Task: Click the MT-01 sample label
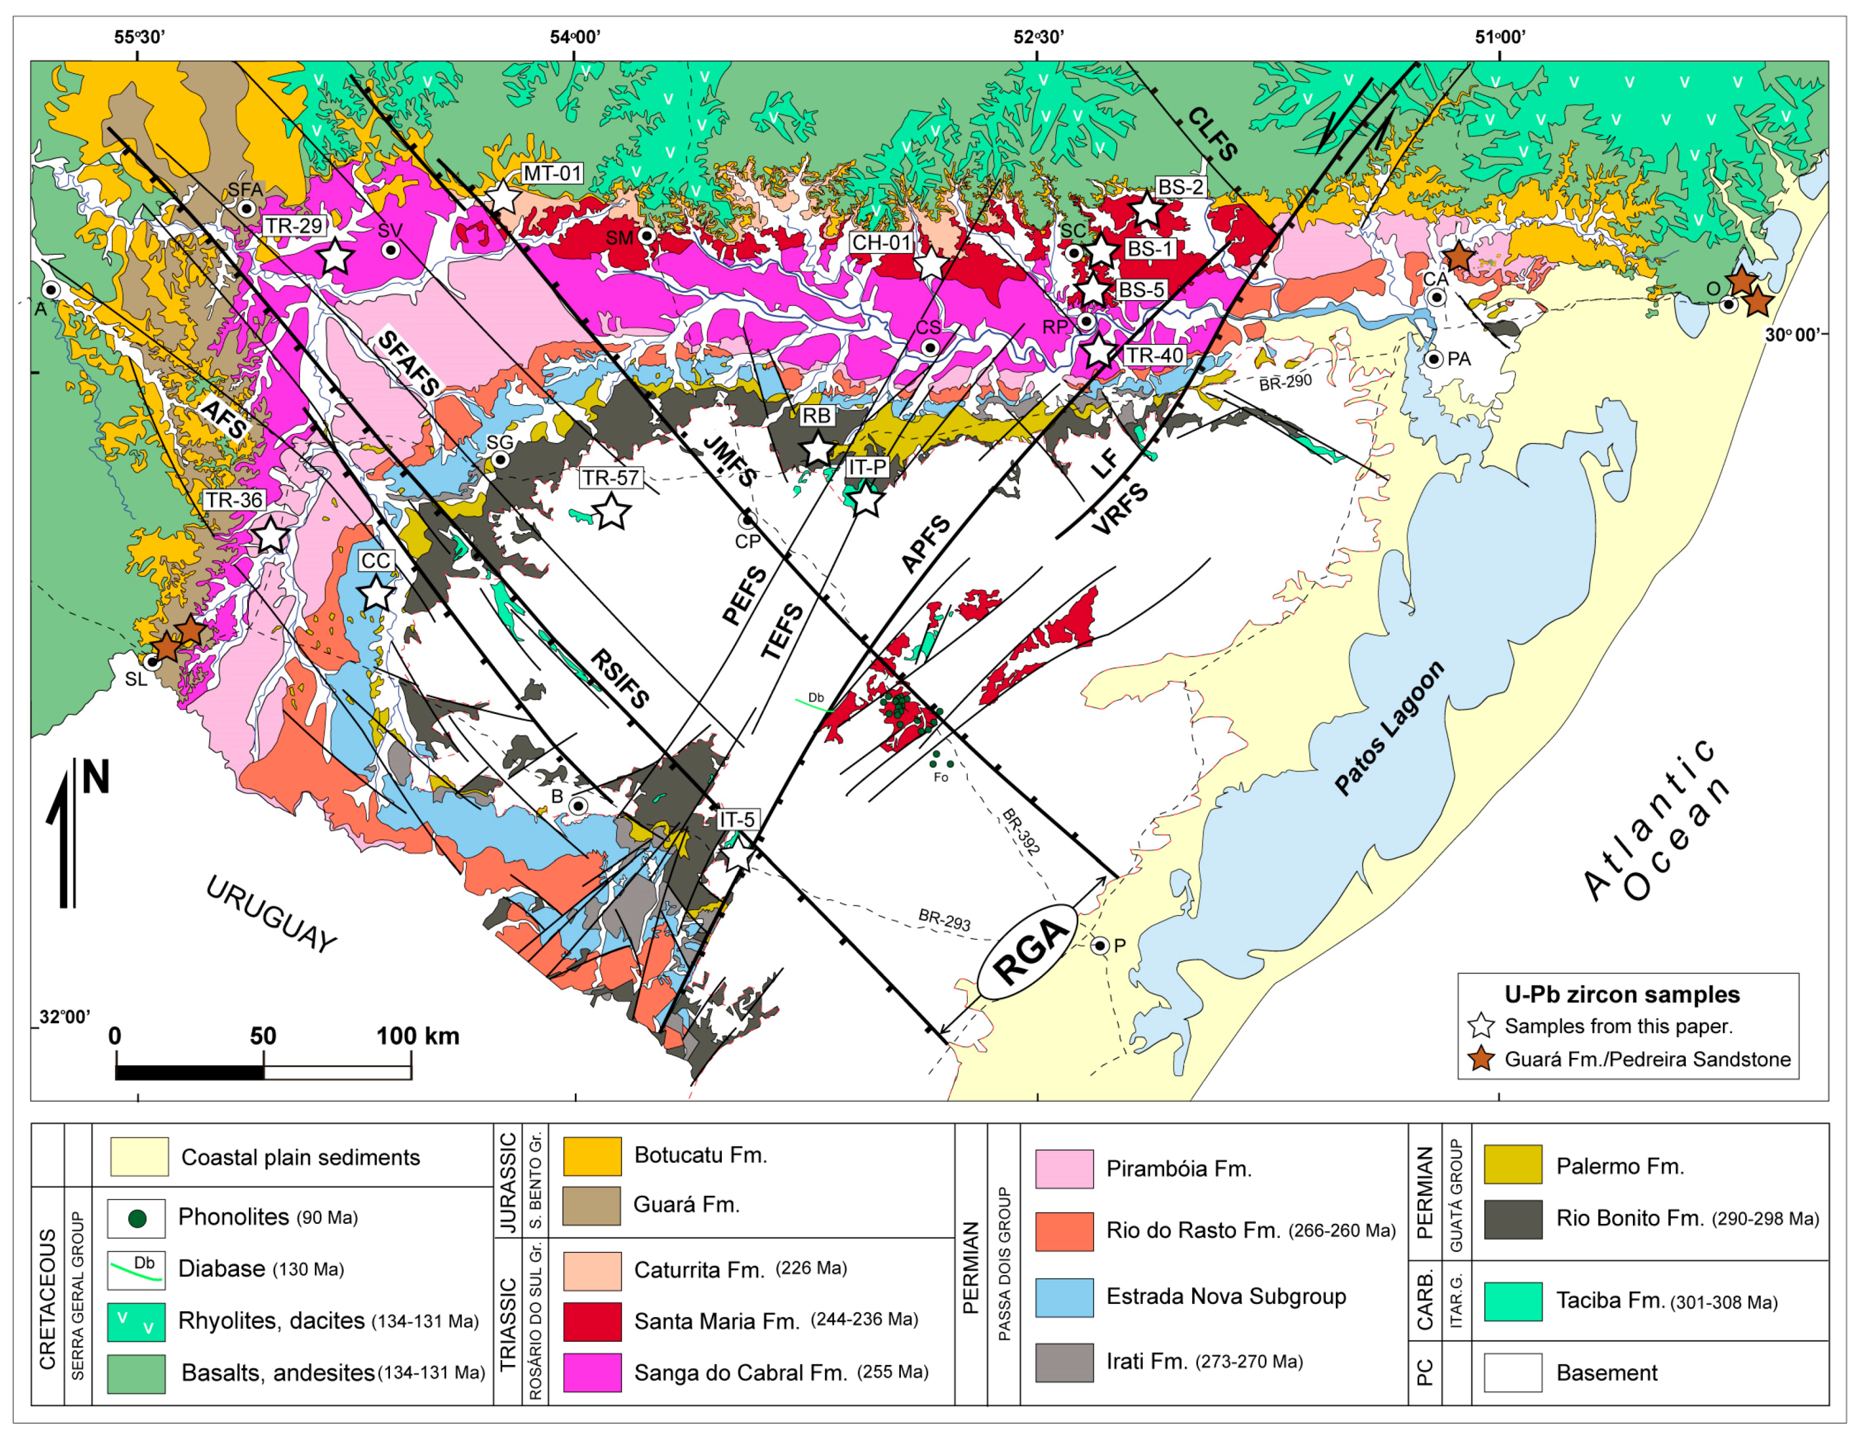click(x=552, y=173)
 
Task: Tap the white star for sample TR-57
click(x=611, y=512)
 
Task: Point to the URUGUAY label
click(x=271, y=914)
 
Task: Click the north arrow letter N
click(x=95, y=778)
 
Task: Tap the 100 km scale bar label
click(x=417, y=1036)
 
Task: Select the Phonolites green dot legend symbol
click(x=136, y=1218)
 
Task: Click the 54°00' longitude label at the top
click(x=575, y=37)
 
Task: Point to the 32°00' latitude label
click(x=64, y=1017)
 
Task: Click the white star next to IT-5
click(x=738, y=853)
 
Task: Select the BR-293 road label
click(x=943, y=919)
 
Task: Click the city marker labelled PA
click(x=1435, y=359)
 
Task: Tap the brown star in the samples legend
click(x=1483, y=1059)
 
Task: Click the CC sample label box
click(x=376, y=560)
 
